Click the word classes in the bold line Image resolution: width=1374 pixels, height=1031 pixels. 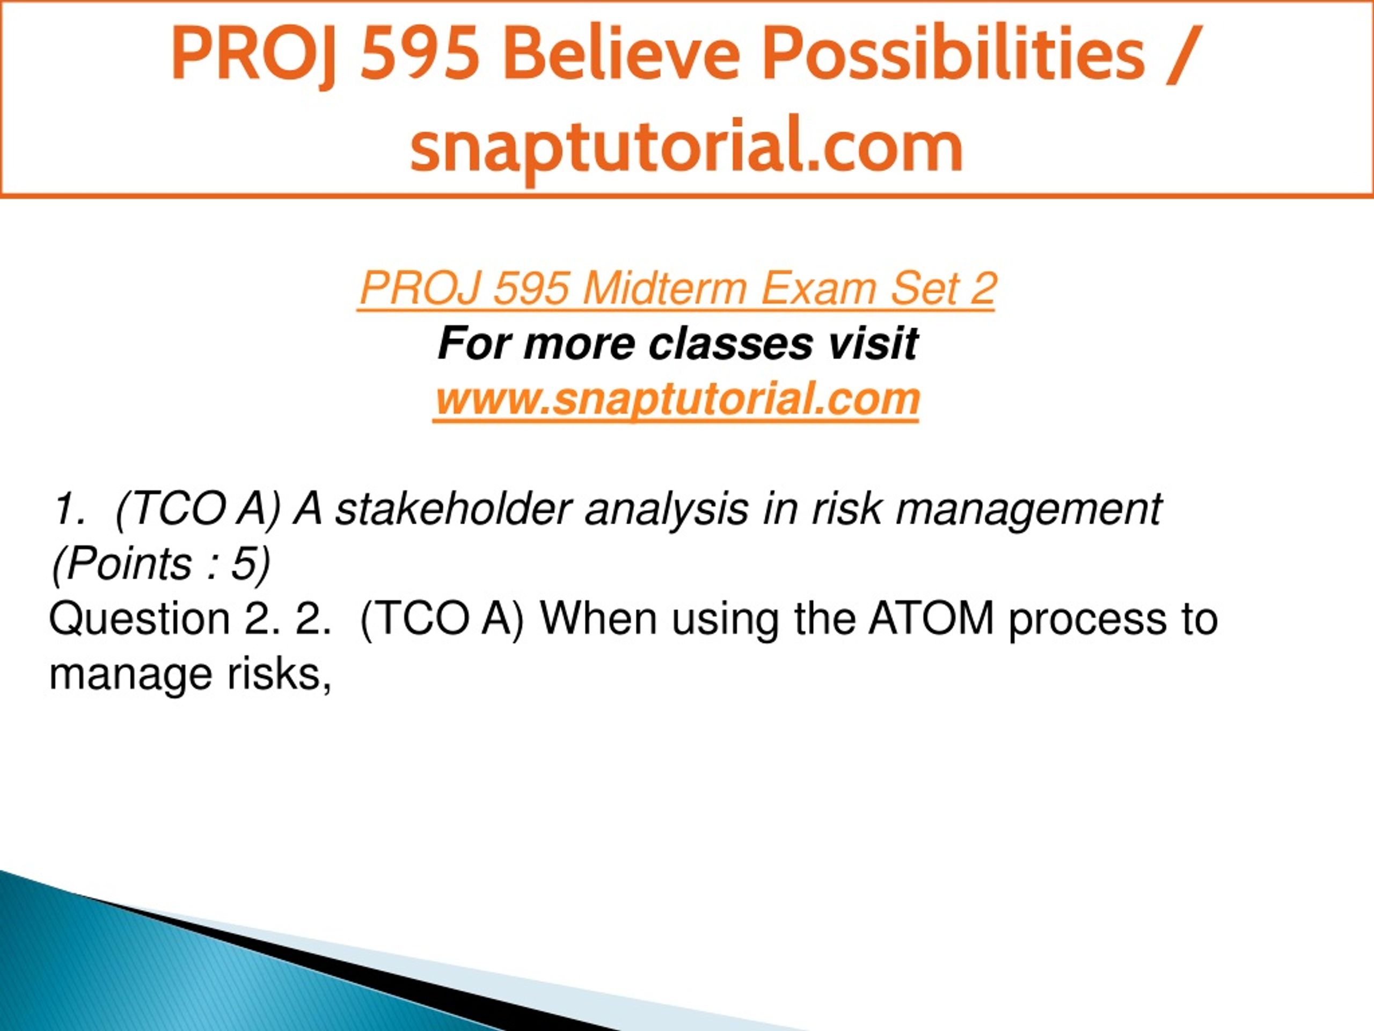click(x=729, y=344)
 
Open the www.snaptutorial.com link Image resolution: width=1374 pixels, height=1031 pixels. click(x=677, y=399)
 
